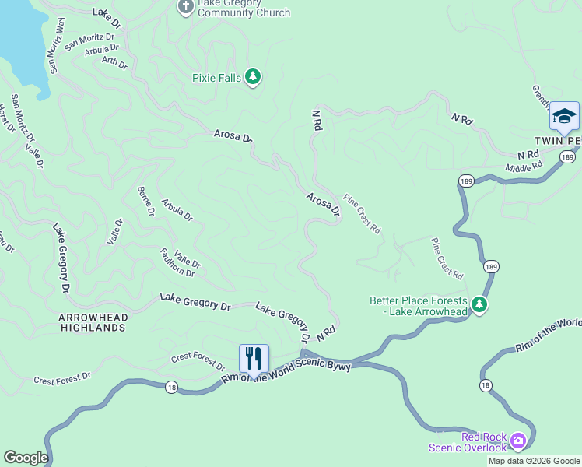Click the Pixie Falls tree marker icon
click(x=252, y=76)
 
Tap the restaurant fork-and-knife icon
click(x=254, y=359)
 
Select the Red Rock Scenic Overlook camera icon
click(x=517, y=441)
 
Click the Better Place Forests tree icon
click(x=480, y=305)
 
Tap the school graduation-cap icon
click(x=564, y=117)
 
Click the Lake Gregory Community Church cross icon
click(x=185, y=7)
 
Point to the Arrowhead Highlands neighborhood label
click(x=92, y=322)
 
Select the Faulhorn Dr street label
click(x=177, y=262)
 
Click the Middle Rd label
click(x=523, y=167)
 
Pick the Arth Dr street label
click(x=114, y=61)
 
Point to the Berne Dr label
click(x=145, y=202)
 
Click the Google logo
click(x=25, y=458)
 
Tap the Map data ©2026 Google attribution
click(x=534, y=461)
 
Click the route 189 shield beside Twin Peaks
click(x=567, y=157)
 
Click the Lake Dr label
click(x=107, y=17)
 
